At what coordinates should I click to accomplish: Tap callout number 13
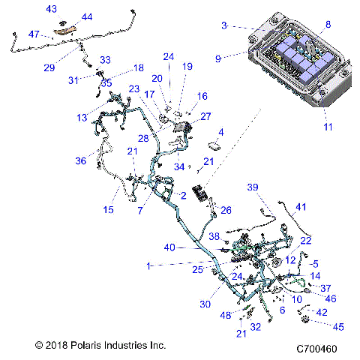[x=81, y=118]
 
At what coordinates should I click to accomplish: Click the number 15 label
[x=109, y=210]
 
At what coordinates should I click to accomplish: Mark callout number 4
[x=220, y=132]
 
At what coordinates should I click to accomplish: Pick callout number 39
[x=274, y=187]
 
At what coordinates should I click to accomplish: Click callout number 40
[x=169, y=247]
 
